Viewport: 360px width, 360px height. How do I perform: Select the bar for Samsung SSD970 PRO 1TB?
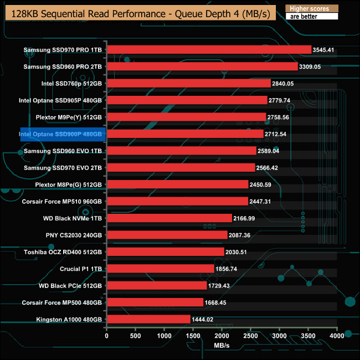click(x=208, y=50)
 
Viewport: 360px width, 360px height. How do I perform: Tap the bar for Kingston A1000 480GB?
click(x=148, y=320)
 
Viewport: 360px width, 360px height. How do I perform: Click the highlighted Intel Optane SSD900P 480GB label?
click(x=63, y=134)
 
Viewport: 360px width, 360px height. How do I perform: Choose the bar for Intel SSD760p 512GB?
click(x=188, y=84)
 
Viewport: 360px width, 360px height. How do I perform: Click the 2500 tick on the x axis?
click(x=250, y=336)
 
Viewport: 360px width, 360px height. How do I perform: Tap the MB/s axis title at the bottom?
click(x=222, y=346)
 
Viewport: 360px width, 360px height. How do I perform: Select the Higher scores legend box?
click(x=311, y=9)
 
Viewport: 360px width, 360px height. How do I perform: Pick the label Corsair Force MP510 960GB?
click(x=61, y=202)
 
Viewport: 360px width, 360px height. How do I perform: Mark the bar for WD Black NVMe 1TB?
click(x=169, y=218)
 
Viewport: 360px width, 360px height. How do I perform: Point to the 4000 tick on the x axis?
click(x=337, y=336)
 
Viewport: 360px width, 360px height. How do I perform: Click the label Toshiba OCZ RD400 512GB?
click(x=63, y=252)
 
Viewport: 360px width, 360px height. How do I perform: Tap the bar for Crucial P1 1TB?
click(x=160, y=269)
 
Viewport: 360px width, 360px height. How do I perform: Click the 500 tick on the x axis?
click(x=135, y=336)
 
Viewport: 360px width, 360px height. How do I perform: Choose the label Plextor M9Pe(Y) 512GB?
click(x=68, y=117)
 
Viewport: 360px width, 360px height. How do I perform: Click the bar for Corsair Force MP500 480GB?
click(x=155, y=303)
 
